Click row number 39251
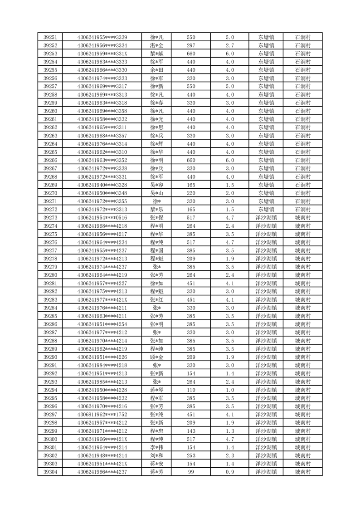pyautogui.click(x=50, y=37)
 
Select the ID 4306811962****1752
pyautogui.click(x=102, y=415)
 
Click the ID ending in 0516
pyautogui.click(x=102, y=218)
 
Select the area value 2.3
pyautogui.click(x=229, y=455)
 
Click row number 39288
pyautogui.click(x=50, y=341)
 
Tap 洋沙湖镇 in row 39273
pyautogui.click(x=266, y=218)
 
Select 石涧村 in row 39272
pyautogui.click(x=302, y=210)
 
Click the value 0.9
pyautogui.click(x=229, y=472)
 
